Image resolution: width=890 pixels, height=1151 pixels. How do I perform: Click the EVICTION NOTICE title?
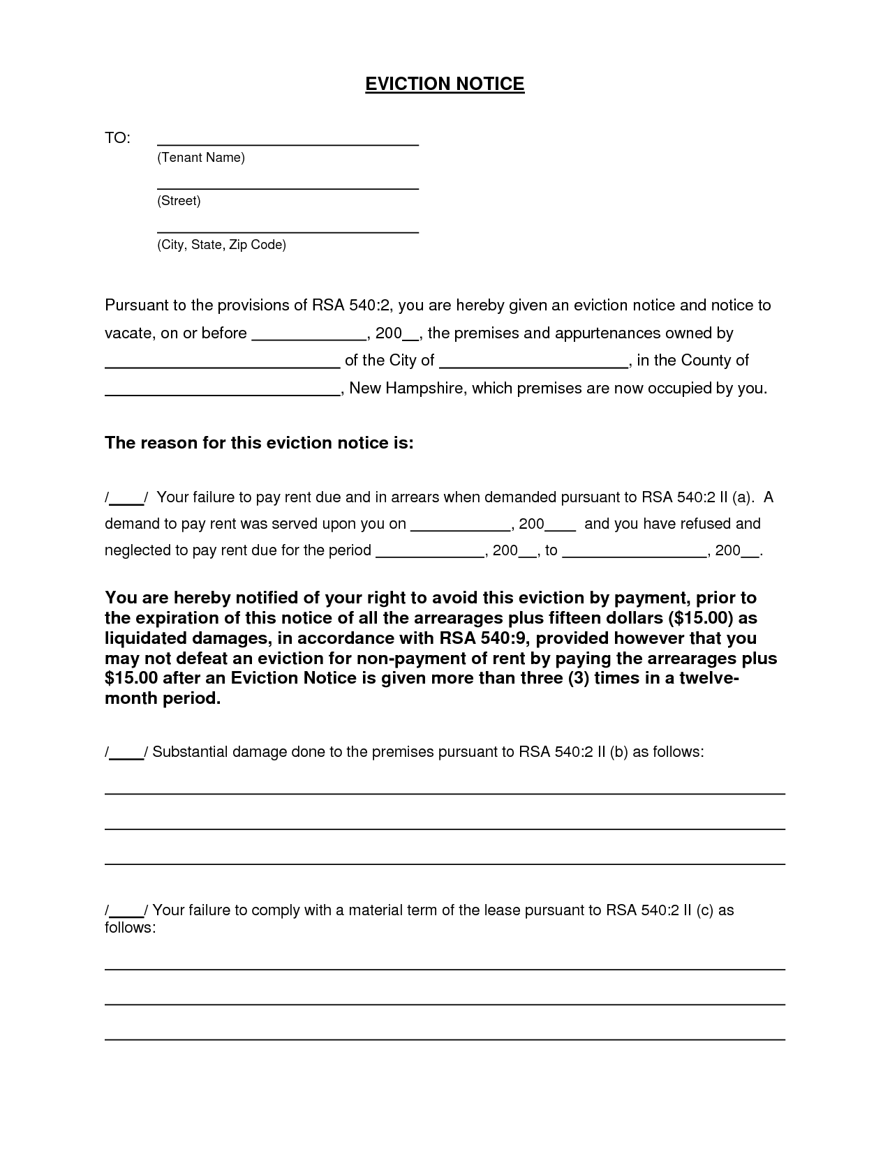(x=445, y=84)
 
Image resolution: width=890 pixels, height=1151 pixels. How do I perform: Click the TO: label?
(x=117, y=138)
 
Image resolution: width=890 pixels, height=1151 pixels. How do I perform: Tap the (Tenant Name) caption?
(x=201, y=158)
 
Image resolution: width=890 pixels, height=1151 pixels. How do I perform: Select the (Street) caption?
(x=179, y=201)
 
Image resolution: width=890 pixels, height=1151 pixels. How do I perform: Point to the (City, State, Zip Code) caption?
(x=221, y=245)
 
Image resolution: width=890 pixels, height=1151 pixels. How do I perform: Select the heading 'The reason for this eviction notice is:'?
(x=259, y=443)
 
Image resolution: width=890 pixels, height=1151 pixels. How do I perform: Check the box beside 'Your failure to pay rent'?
(x=126, y=498)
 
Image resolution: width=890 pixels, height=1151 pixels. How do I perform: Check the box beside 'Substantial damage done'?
(x=126, y=752)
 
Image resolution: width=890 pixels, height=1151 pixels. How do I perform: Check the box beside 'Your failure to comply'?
(x=126, y=910)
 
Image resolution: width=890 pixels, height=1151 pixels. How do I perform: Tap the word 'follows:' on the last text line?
(x=130, y=928)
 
